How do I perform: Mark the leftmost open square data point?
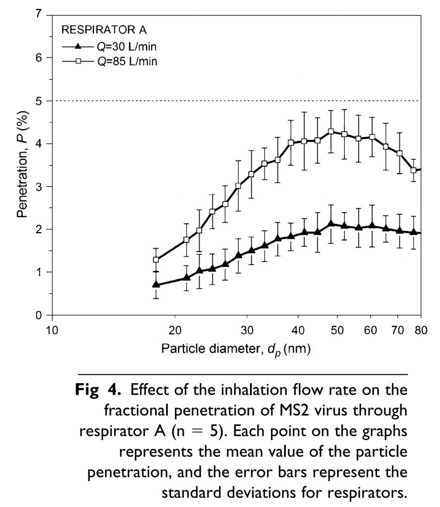(156, 259)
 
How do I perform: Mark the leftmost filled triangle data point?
(156, 285)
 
